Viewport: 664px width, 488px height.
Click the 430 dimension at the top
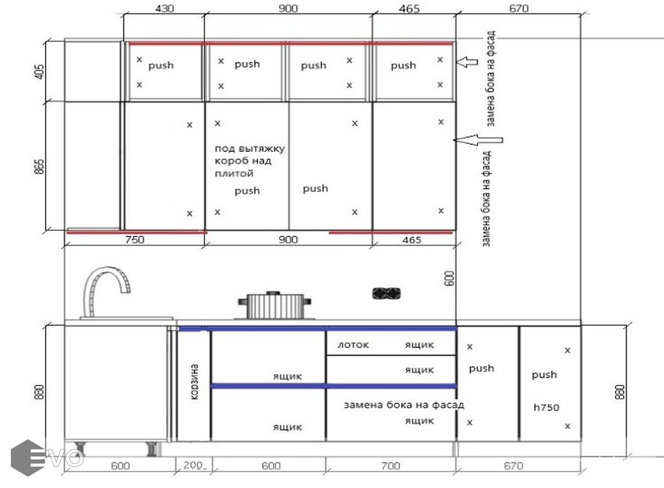165,8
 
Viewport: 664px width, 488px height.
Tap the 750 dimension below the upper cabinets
134,239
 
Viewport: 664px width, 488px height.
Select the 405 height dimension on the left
40,72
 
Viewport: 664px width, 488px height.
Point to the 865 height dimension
40,166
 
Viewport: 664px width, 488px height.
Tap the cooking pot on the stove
275,305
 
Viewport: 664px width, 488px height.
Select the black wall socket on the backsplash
386,293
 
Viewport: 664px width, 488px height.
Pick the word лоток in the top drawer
353,345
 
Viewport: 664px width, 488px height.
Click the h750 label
546,407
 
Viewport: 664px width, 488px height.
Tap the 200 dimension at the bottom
194,465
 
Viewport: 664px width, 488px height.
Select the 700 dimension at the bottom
390,465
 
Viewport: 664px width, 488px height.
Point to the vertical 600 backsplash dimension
450,278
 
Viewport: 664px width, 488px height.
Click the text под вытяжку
250,148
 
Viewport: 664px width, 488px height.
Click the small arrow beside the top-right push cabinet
466,62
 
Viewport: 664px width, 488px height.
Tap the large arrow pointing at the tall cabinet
478,140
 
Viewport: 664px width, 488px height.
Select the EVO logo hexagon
28,458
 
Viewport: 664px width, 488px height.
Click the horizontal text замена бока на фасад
403,405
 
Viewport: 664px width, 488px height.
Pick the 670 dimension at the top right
519,8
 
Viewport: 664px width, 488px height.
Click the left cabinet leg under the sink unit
80,449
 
